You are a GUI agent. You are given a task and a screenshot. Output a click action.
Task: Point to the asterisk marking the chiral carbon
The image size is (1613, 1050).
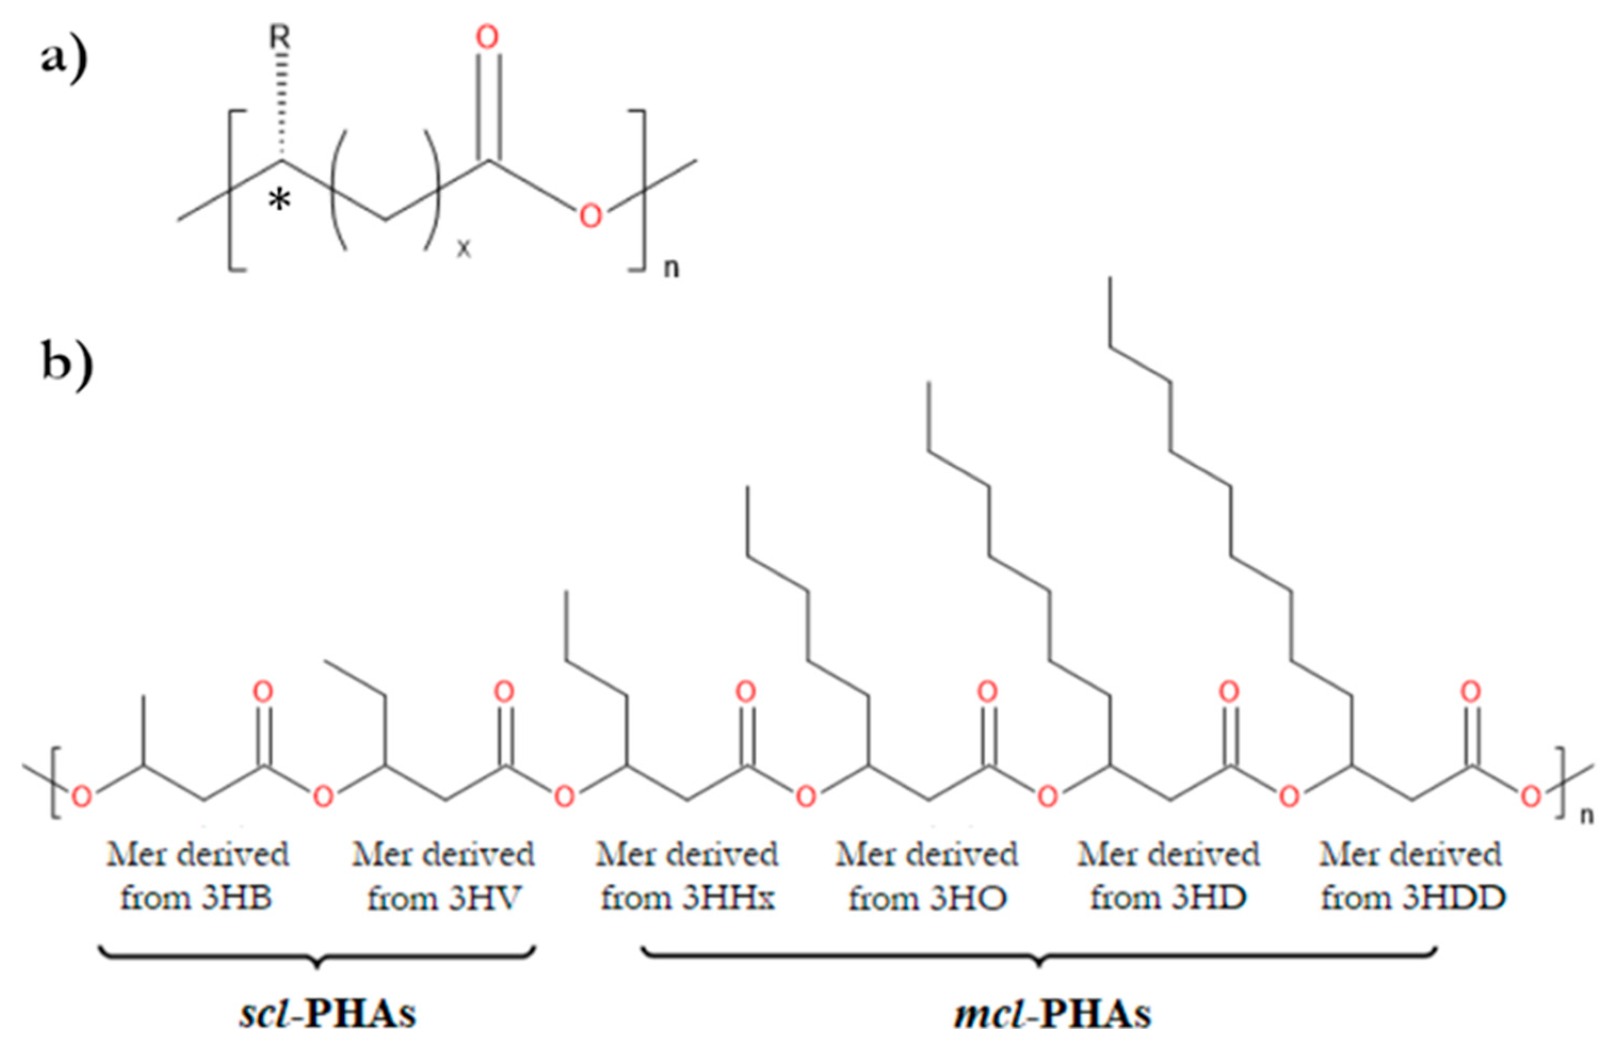coord(280,200)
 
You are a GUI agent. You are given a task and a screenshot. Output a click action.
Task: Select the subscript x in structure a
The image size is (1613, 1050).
coord(463,249)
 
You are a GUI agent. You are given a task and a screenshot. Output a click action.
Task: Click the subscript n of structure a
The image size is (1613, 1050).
coord(671,269)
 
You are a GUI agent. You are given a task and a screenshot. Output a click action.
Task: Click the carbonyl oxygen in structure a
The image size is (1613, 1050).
coord(487,37)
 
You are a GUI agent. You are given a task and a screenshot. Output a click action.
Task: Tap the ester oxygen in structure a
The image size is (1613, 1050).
coord(590,215)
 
